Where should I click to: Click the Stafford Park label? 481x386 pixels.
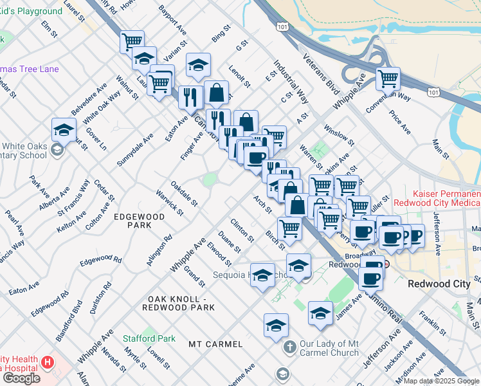(149, 338)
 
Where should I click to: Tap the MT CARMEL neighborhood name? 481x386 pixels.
(215, 344)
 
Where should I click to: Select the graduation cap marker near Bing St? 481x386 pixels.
(199, 64)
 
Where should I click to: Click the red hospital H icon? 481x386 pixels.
(47, 362)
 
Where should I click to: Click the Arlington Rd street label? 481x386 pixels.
(159, 250)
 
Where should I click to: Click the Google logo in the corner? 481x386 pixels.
(21, 378)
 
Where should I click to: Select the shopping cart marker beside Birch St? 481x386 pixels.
(290, 228)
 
